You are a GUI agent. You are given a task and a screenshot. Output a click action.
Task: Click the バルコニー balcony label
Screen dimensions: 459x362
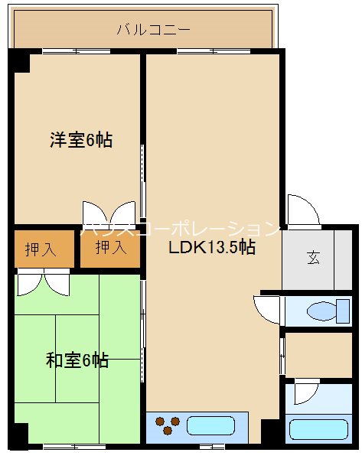[154, 31]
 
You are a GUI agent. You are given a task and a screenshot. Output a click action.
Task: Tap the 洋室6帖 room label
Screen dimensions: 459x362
[82, 140]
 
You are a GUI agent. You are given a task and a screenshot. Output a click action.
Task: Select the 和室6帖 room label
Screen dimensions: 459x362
[77, 360]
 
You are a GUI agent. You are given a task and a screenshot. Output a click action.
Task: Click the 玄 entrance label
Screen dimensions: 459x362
[314, 257]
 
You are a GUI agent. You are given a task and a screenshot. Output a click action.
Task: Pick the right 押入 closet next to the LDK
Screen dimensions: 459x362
[111, 247]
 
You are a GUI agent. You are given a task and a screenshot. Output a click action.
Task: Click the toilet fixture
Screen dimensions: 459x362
[326, 311]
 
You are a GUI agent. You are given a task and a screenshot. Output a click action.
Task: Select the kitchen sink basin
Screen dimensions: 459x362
[210, 425]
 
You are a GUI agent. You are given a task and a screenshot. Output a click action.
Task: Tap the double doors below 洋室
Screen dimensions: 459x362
[109, 213]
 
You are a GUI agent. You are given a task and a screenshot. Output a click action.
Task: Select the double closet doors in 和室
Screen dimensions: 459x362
[43, 284]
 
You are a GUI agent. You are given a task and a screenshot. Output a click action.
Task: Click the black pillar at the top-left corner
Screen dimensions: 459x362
[21, 60]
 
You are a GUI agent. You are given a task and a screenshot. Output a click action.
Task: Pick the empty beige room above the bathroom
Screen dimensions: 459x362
[317, 356]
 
